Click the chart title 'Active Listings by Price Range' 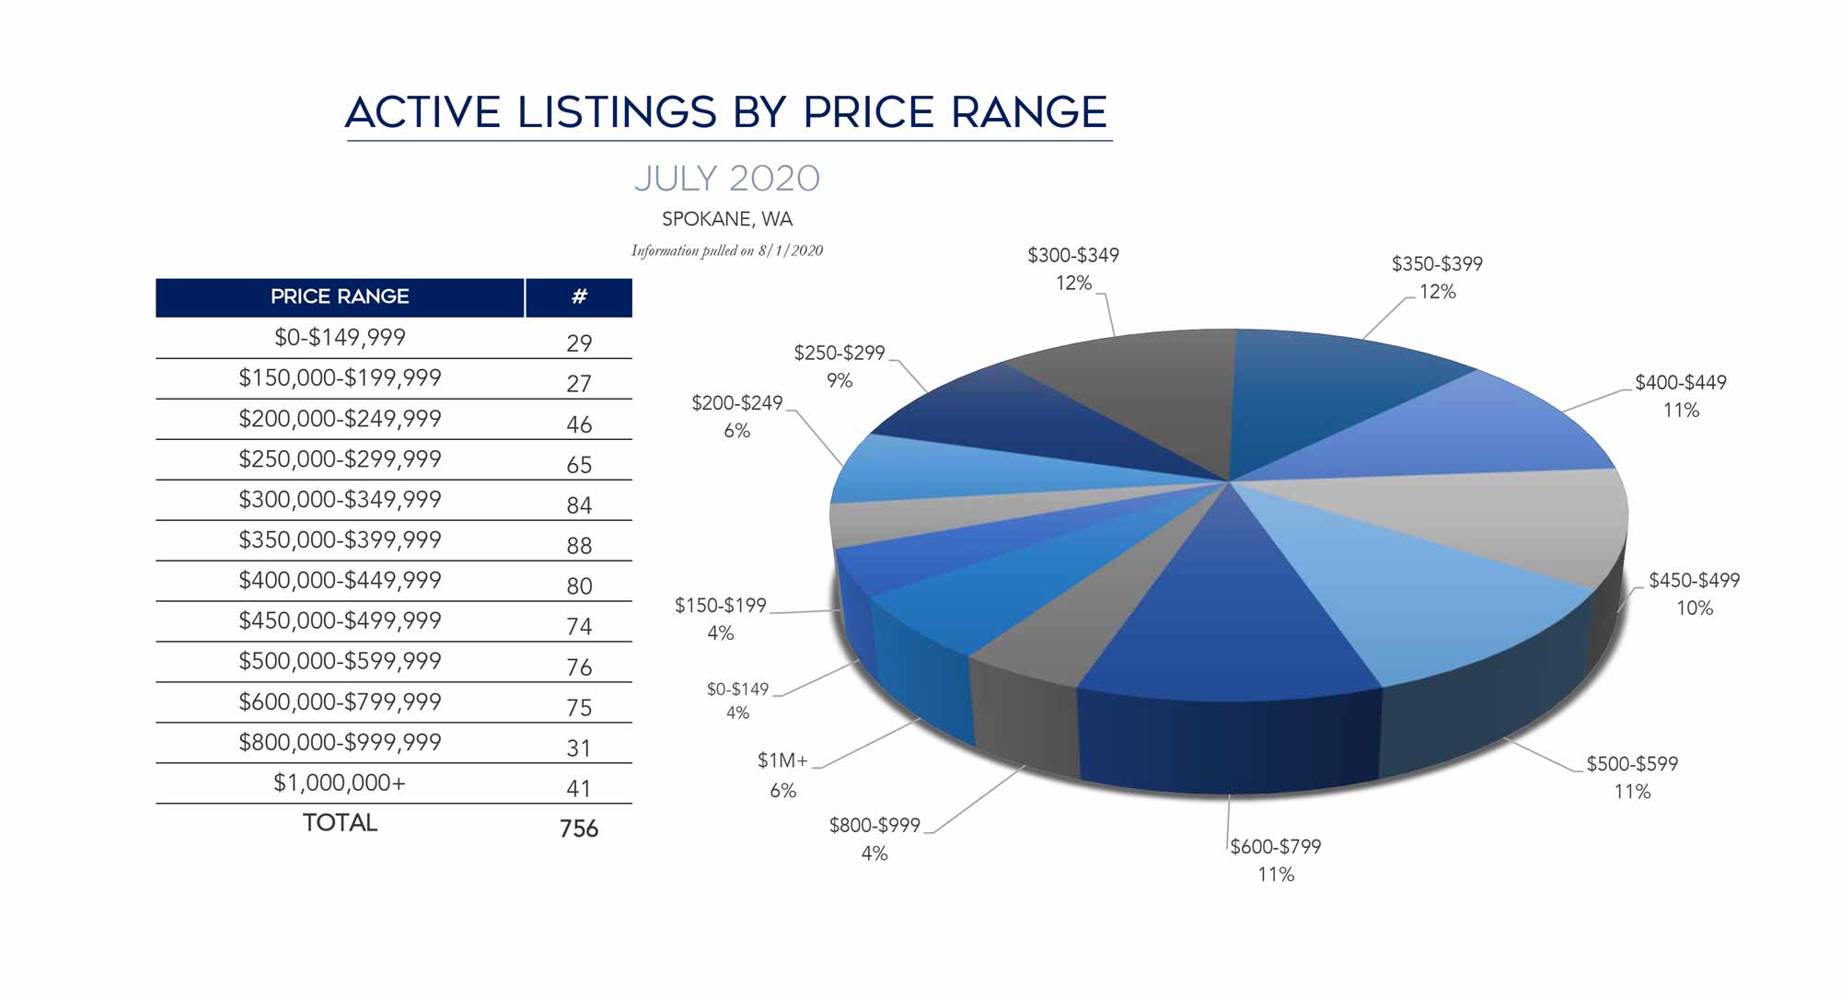(x=726, y=112)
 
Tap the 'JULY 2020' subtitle (x=726, y=179)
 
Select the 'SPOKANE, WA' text (x=726, y=219)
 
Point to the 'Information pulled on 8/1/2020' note (x=726, y=250)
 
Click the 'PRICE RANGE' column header (x=340, y=296)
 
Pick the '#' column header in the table (x=579, y=296)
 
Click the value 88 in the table (x=579, y=546)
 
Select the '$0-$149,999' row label (x=340, y=337)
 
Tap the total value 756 (x=579, y=829)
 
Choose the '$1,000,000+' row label (x=340, y=783)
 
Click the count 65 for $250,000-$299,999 (x=579, y=465)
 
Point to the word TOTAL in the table (x=340, y=822)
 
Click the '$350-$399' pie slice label (x=1437, y=264)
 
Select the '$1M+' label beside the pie (x=782, y=760)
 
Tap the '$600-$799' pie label (x=1276, y=846)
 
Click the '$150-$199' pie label (x=721, y=605)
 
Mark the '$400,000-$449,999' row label (x=340, y=580)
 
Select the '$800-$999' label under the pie (x=874, y=825)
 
